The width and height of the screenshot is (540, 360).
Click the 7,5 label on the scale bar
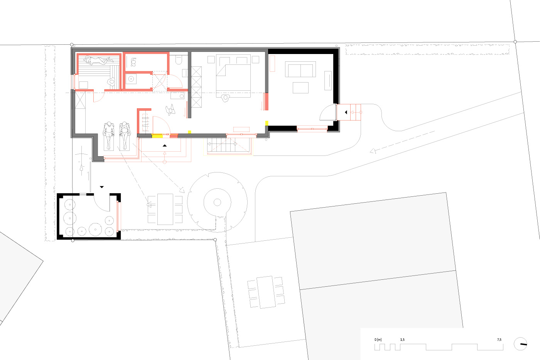[x=499, y=340]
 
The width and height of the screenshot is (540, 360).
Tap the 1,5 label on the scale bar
[x=402, y=340]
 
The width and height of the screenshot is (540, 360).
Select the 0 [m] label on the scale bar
[x=378, y=340]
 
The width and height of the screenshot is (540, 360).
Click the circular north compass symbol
[x=520, y=344]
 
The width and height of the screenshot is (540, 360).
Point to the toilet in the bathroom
[x=178, y=59]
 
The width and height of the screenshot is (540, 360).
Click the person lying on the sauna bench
[x=98, y=60]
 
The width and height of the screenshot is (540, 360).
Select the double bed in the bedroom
[x=233, y=76]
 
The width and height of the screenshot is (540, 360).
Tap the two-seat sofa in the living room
[x=300, y=69]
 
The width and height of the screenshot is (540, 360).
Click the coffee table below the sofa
[x=300, y=88]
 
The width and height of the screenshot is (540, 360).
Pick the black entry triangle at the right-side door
[x=346, y=112]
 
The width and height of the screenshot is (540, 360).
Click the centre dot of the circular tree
[x=217, y=202]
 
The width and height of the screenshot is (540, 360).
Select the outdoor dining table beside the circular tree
[x=165, y=209]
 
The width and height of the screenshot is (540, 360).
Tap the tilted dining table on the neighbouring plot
[x=266, y=292]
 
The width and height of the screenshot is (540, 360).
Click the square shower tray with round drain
[x=131, y=79]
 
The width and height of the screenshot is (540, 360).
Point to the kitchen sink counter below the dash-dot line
[x=177, y=96]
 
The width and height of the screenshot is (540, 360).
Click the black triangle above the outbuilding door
[x=102, y=187]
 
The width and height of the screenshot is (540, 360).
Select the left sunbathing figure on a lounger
[x=108, y=135]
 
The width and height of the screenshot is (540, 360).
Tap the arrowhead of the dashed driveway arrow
[x=373, y=151]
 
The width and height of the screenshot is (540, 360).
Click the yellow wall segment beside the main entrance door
[x=157, y=136]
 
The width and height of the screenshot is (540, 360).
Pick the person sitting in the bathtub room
[x=133, y=62]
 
